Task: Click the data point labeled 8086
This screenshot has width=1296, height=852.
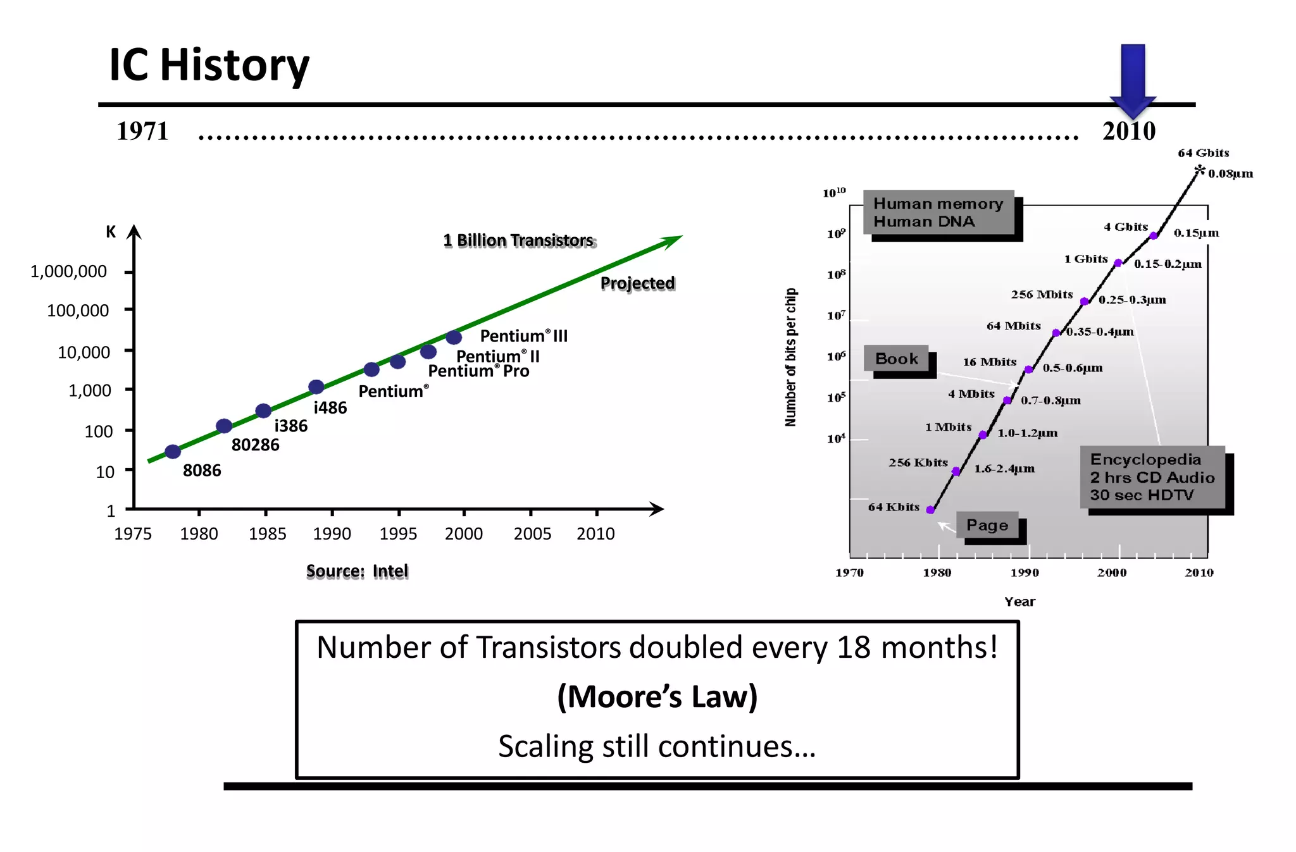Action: (x=173, y=452)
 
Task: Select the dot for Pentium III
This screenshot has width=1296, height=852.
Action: (x=454, y=338)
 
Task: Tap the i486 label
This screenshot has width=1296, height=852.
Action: (x=330, y=408)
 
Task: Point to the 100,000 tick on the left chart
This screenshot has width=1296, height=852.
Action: (x=78, y=311)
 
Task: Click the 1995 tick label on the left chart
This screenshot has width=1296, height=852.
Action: (x=398, y=534)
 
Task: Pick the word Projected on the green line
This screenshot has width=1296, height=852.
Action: (x=637, y=283)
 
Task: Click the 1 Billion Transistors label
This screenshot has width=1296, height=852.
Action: (x=519, y=241)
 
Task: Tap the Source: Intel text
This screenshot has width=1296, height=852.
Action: (x=358, y=571)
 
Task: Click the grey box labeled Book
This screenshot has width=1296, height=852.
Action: (x=897, y=359)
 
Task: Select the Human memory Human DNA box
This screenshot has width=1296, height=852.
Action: (x=938, y=213)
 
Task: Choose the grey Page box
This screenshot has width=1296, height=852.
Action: (x=987, y=525)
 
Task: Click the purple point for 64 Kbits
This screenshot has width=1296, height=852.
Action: (x=930, y=510)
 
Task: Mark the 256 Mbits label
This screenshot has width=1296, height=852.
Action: (x=1042, y=295)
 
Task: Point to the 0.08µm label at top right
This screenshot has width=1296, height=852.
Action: (x=1230, y=174)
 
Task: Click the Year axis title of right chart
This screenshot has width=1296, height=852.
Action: (x=1019, y=602)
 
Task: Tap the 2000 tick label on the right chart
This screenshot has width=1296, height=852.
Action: (x=1112, y=572)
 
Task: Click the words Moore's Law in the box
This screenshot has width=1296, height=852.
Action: (x=657, y=696)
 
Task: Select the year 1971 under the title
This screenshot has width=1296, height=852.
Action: (x=143, y=132)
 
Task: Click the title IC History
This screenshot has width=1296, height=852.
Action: (x=209, y=65)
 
